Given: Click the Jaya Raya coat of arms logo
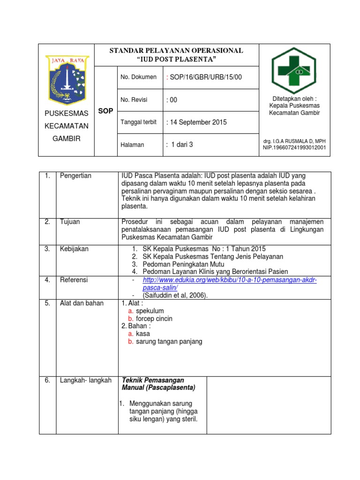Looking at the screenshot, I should [67, 79].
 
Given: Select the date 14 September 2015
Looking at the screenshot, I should [196, 122].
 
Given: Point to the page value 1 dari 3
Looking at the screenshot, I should [180, 145].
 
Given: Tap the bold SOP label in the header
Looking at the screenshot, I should [105, 111].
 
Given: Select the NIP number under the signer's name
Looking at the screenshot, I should [295, 148].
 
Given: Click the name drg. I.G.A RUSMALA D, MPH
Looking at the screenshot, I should [295, 141].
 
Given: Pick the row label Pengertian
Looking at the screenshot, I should [75, 176].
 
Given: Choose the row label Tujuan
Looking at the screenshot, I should [70, 222].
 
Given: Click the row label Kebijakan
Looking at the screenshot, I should [74, 249].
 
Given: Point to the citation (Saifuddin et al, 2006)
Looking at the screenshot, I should [173, 295].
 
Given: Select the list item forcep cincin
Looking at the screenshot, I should [154, 319].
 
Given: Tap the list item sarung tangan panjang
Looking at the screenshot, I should [169, 341].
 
